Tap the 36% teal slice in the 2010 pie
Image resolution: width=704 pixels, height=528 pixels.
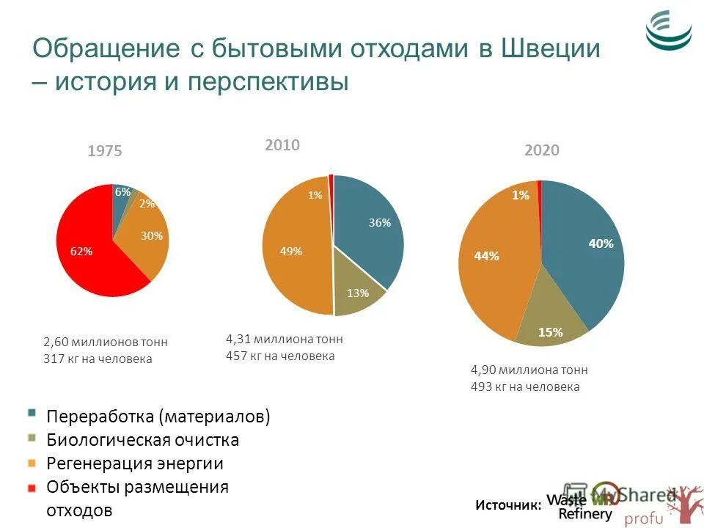pos(370,227)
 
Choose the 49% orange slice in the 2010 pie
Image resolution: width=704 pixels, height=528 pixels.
pos(293,249)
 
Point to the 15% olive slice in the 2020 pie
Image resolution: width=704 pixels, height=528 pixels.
pos(550,323)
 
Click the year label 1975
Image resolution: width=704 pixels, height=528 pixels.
pos(105,152)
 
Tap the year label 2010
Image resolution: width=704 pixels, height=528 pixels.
pos(282,145)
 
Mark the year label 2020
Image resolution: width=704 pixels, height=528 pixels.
pos(542,150)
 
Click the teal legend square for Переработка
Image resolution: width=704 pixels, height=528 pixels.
pos(31,412)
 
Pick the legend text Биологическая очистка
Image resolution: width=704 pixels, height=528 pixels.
pos(143,440)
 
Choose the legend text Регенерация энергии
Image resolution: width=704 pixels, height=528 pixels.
pos(135,463)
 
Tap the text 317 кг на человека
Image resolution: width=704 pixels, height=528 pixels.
pos(98,359)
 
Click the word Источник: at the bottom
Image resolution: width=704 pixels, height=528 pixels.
pos(508,505)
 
